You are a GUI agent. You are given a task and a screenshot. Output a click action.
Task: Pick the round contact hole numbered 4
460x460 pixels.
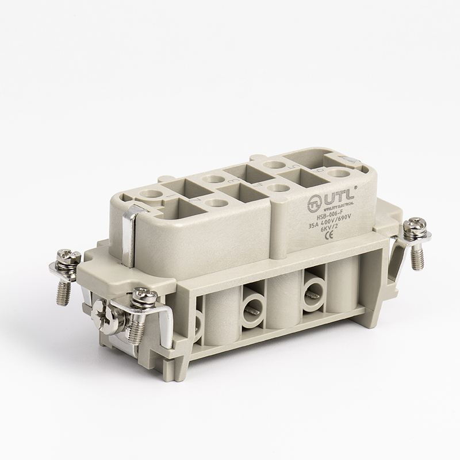(x=278, y=187)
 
